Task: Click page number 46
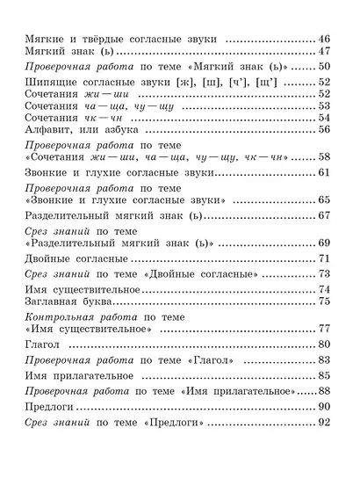click(322, 40)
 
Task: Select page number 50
click(322, 69)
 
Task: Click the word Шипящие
click(49, 83)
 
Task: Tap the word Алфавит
click(48, 129)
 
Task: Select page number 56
click(322, 129)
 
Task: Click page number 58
click(322, 156)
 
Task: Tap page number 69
click(322, 242)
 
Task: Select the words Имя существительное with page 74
click(84, 289)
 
